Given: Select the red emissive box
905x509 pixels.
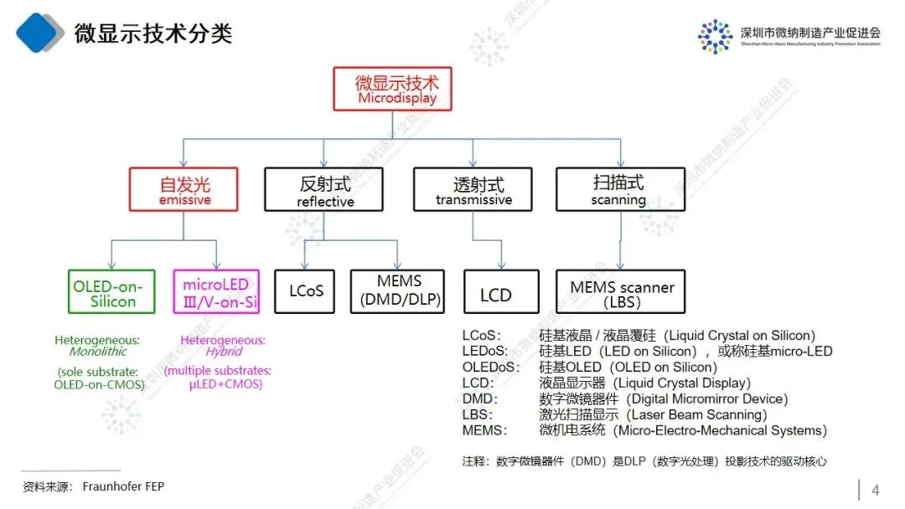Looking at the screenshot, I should click(184, 188).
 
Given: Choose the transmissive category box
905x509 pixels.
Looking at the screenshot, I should click(473, 188).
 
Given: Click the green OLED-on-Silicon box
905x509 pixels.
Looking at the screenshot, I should click(111, 291).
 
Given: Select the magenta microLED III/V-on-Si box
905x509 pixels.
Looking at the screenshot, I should click(216, 291).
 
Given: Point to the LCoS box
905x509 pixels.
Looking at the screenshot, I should click(306, 291).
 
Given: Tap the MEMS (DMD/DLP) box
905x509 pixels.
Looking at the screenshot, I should click(399, 290).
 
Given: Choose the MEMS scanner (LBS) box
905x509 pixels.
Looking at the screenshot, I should click(621, 291).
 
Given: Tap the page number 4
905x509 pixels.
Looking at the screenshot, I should click(876, 490).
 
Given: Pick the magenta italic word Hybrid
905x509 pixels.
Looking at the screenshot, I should click(214, 352).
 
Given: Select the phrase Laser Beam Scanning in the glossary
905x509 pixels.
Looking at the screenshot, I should click(697, 414).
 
